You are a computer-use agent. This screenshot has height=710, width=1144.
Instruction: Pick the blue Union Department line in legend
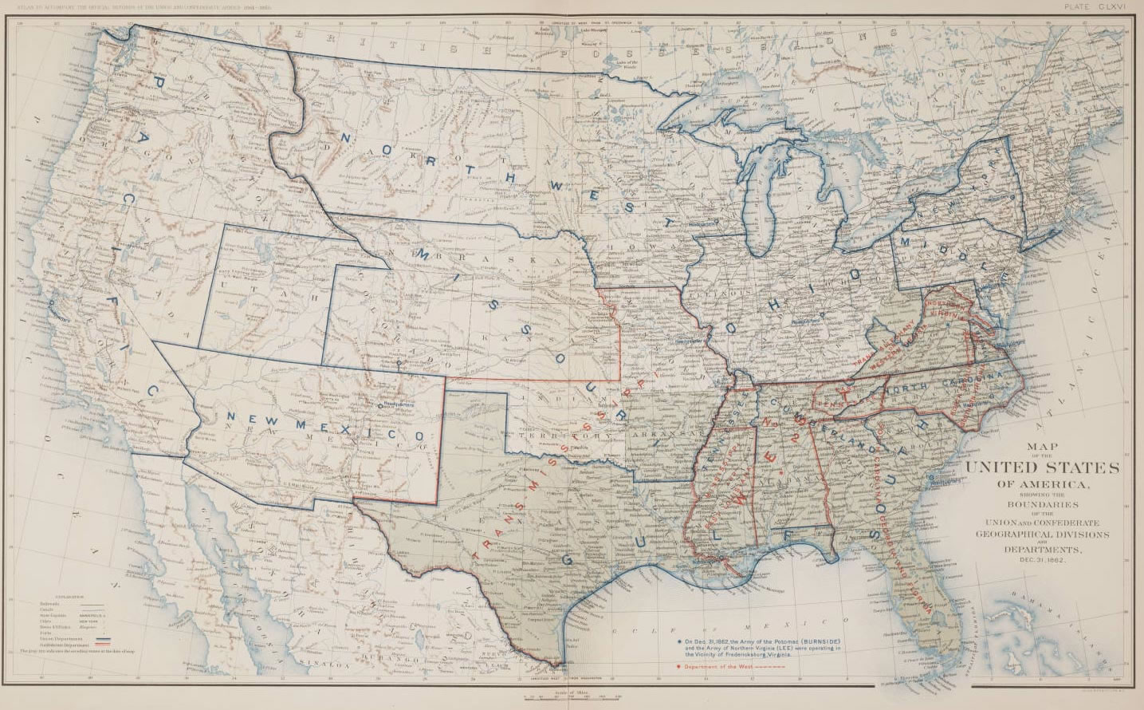point(104,639)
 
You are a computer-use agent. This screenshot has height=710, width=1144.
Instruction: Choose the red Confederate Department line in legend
point(104,645)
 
